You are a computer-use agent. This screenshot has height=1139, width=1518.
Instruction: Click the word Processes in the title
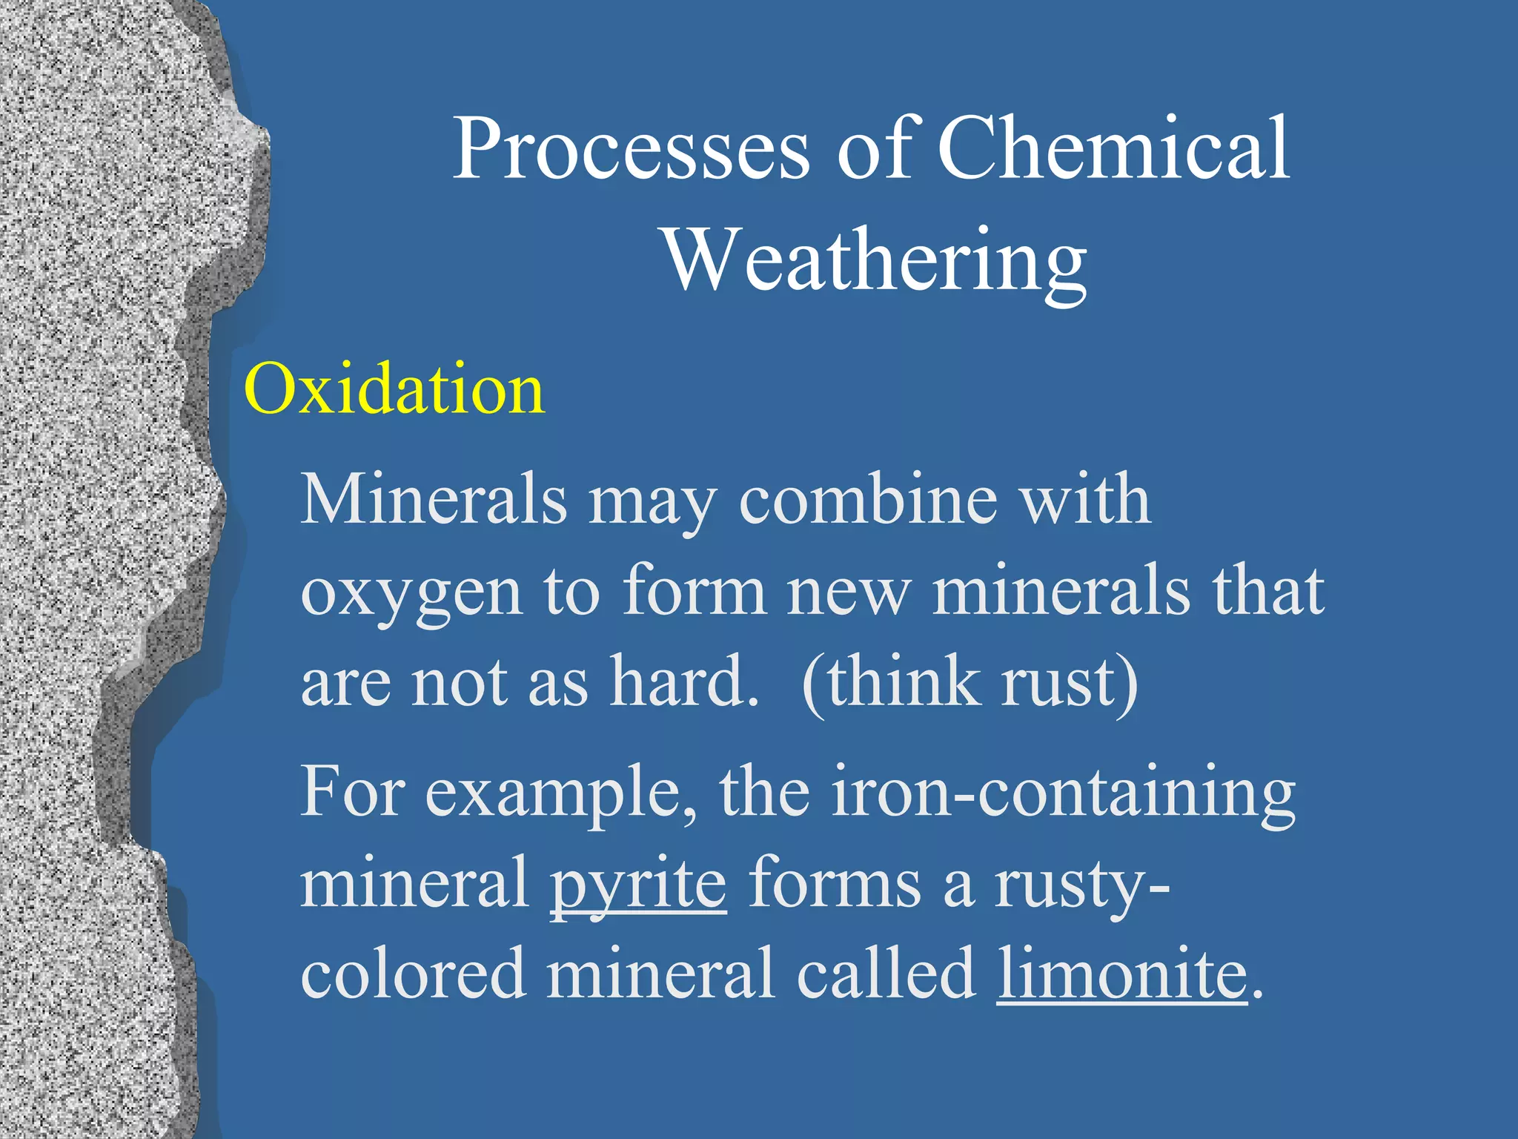tap(631, 149)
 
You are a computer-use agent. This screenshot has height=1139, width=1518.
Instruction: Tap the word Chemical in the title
tap(1113, 149)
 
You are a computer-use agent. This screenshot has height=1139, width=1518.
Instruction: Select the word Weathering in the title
tap(875, 261)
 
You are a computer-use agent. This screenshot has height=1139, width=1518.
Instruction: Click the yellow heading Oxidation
tap(394, 390)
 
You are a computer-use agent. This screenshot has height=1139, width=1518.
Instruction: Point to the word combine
tap(868, 500)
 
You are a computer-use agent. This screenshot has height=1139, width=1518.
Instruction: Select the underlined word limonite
tap(1122, 974)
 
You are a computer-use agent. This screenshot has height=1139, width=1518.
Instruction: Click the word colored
tap(413, 974)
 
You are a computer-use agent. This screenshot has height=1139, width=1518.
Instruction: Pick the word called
tap(886, 974)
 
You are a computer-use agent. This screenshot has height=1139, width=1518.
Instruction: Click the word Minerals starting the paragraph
tap(434, 500)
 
